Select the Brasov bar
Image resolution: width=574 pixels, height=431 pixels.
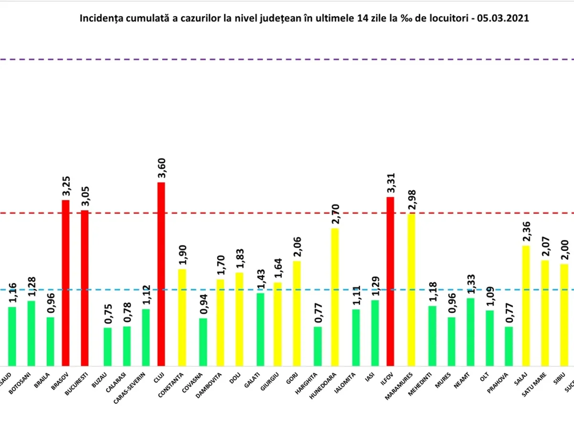click(x=66, y=283)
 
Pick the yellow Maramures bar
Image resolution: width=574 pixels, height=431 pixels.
click(x=411, y=290)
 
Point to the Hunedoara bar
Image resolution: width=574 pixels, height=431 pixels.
click(x=335, y=297)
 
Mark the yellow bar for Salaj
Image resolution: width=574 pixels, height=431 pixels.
click(x=526, y=306)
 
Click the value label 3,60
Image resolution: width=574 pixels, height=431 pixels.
click(x=162, y=170)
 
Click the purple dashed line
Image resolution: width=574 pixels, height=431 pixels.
click(x=287, y=59)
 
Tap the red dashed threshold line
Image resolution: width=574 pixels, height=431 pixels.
click(x=287, y=213)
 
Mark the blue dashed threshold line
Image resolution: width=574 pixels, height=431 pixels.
click(x=287, y=290)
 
